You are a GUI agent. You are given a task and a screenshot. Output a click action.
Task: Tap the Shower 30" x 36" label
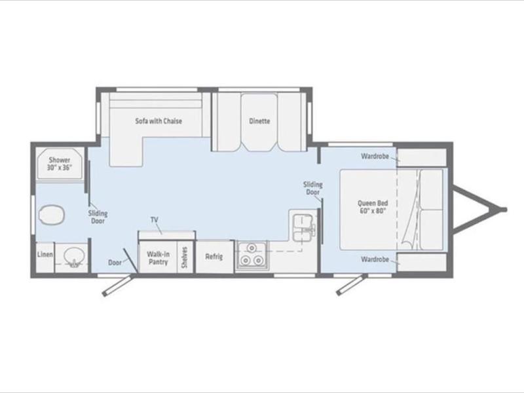pos(59,164)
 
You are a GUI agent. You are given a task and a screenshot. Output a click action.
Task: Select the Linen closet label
pos(45,254)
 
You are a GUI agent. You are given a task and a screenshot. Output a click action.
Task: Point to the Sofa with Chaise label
pos(159,121)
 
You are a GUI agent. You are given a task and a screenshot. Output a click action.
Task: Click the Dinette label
pos(259,121)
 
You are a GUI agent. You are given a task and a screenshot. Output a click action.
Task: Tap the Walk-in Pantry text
pos(158,258)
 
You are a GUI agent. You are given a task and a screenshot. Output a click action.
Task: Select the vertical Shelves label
pos(185,257)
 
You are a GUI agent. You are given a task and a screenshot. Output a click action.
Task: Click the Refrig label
pos(214,256)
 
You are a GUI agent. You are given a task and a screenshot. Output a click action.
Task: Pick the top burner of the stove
pos(252,248)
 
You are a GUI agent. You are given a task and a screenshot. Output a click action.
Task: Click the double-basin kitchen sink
pos(304,227)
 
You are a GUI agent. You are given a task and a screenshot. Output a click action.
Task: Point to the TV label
pos(155,219)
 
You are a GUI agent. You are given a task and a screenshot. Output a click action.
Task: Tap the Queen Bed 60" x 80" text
pos(373,207)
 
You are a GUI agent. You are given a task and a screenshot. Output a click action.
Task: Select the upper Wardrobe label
pos(375,156)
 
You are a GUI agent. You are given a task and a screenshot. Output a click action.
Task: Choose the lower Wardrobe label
pos(375,259)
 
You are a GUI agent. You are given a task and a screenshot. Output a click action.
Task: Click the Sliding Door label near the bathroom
pos(98,217)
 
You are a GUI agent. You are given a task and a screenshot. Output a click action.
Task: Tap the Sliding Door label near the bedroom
pos(313,188)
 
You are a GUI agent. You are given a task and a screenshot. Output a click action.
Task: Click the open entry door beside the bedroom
pos(350,285)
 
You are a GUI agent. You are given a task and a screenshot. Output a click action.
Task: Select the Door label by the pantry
pos(115,263)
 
